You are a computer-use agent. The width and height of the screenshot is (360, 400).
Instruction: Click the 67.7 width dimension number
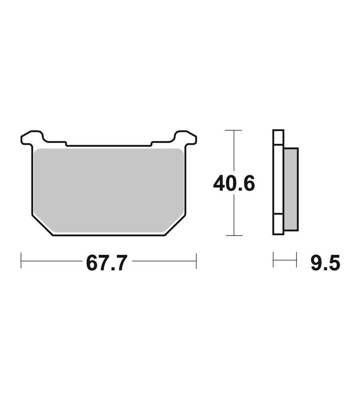coord(107,263)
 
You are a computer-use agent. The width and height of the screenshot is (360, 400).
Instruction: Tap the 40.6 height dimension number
coord(234,183)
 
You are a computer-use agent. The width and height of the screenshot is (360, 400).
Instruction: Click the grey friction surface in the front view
coord(109,190)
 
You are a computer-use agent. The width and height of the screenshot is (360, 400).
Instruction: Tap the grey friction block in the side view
coord(291,189)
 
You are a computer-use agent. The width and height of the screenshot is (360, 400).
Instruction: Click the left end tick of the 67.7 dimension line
coord(21,260)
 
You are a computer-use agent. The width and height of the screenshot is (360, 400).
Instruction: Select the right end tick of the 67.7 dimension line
coord(196,261)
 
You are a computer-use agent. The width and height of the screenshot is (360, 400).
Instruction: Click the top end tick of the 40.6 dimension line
coord(233,130)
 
